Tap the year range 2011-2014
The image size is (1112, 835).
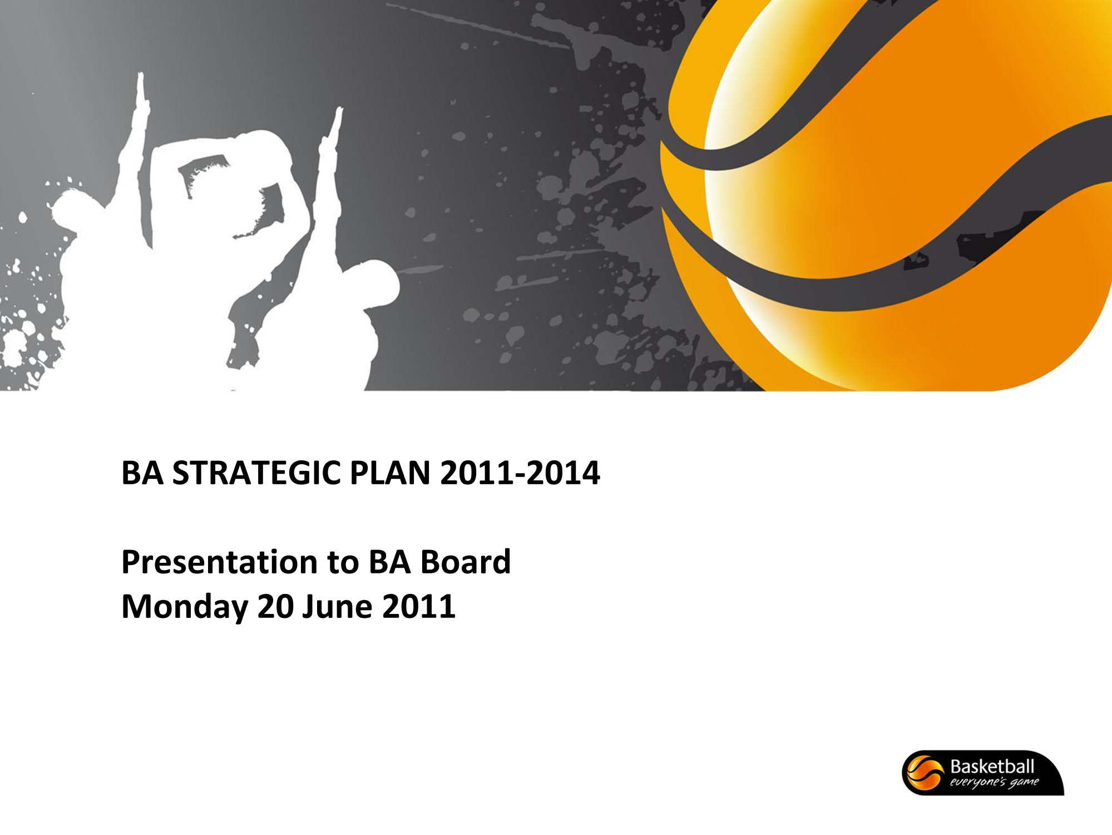coord(520,473)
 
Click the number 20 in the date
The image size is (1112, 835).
coord(275,607)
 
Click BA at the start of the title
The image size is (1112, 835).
coord(142,473)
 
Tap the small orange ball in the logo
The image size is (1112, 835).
coord(925,773)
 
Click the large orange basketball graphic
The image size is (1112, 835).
coord(890,195)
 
